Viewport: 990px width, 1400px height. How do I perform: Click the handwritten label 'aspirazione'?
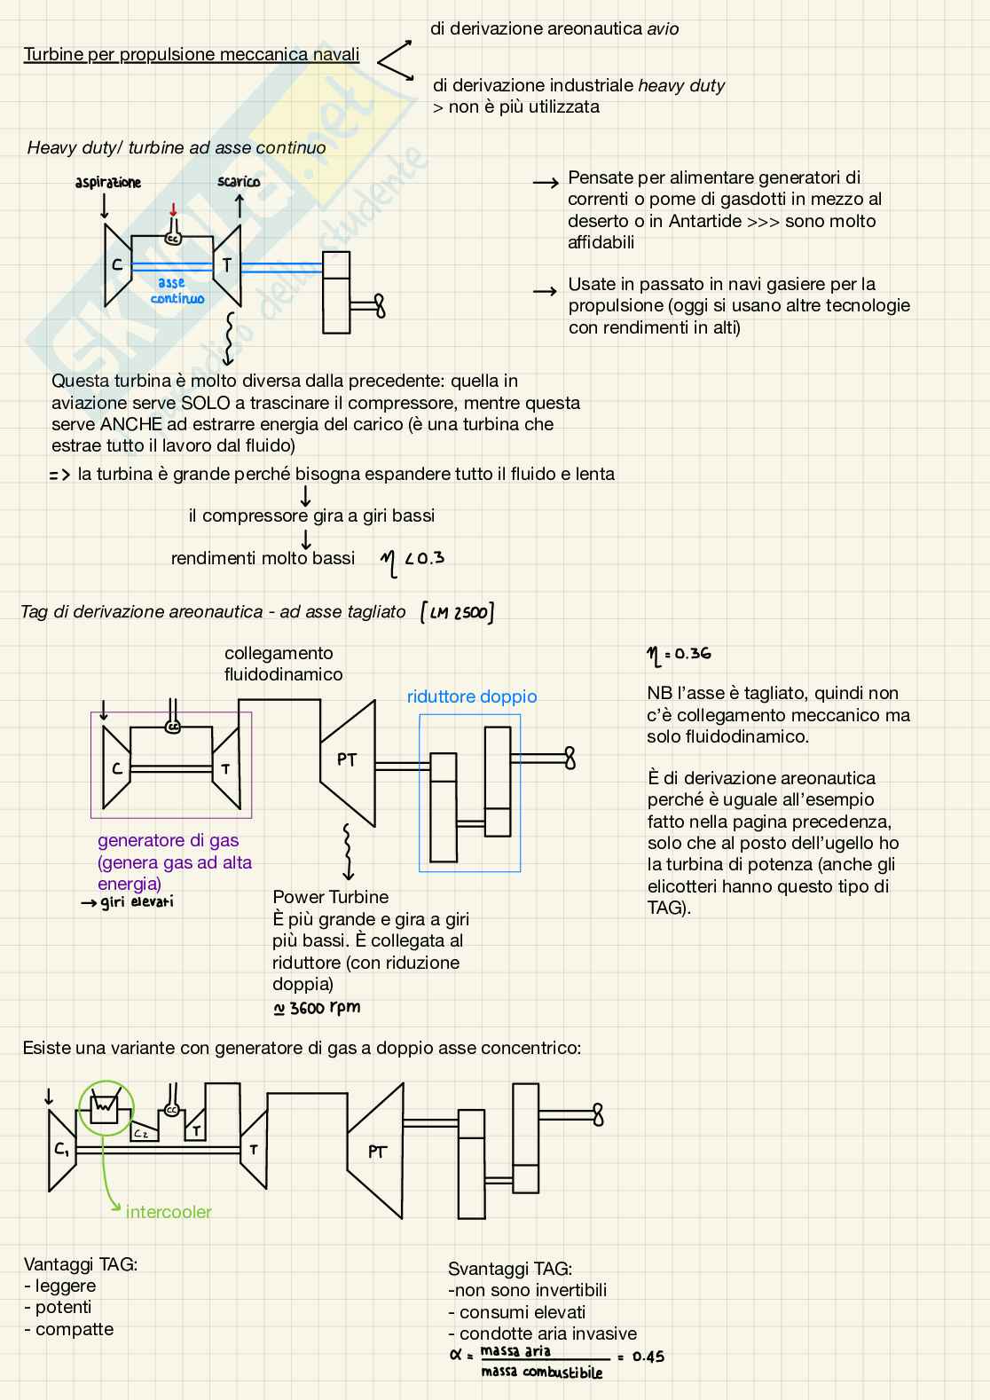pos(107,183)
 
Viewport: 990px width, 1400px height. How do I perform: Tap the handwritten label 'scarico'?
pos(239,182)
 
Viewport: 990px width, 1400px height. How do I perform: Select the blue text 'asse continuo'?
pos(177,291)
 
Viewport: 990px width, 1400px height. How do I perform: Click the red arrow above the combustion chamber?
pos(173,209)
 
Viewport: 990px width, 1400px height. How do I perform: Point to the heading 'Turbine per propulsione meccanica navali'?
pos(192,55)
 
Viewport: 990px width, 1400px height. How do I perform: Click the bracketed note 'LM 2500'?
pos(457,612)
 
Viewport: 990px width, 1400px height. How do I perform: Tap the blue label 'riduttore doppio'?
pos(472,696)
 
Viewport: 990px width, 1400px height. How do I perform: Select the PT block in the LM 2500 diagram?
pos(347,760)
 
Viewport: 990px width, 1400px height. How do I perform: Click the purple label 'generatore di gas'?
pos(168,840)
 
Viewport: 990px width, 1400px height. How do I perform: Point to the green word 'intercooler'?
pos(169,1212)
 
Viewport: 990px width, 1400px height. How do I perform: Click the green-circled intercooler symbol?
pos(105,1108)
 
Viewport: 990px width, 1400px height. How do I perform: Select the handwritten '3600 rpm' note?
pos(317,1008)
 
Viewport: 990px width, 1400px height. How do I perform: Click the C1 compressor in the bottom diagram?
pos(61,1150)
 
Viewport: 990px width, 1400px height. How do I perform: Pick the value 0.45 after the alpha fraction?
pos(648,1357)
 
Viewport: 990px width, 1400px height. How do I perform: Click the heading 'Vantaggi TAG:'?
pos(81,1264)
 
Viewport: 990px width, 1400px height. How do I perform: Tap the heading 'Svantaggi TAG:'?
pos(510,1269)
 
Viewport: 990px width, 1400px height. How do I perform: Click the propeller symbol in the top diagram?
pos(379,306)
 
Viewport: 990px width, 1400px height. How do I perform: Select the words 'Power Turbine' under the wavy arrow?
pos(331,897)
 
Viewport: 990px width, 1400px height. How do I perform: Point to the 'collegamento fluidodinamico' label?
pos(283,664)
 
